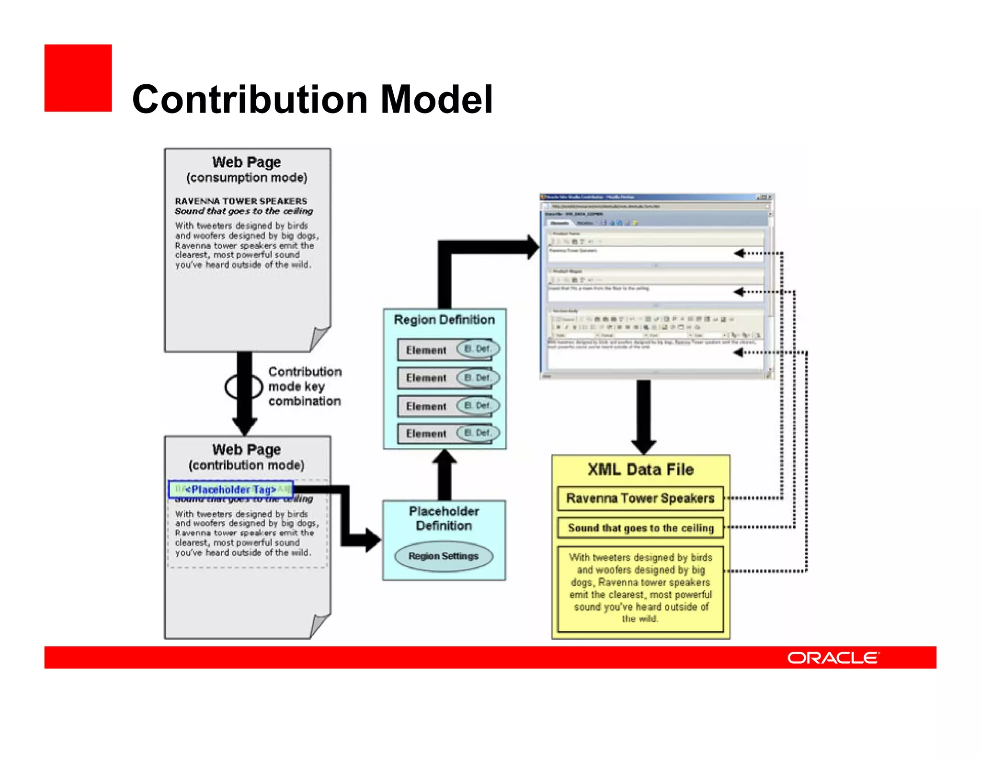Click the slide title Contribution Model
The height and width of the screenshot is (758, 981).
[x=312, y=99]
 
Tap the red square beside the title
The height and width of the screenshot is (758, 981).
[x=78, y=78]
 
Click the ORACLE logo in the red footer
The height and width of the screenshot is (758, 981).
[x=833, y=657]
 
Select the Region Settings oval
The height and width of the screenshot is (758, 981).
[x=444, y=556]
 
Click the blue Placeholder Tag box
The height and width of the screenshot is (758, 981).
[x=230, y=489]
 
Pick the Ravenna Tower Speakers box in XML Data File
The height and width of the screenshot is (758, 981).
[x=640, y=498]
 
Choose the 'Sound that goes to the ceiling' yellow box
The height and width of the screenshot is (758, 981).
[x=640, y=528]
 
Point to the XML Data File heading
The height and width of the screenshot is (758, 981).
[x=640, y=469]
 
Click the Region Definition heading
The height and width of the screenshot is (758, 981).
[x=444, y=320]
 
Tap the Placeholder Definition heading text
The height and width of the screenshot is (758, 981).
[x=444, y=518]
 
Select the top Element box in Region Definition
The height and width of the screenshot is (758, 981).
[x=426, y=350]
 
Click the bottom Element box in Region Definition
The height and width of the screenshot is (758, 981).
[x=426, y=434]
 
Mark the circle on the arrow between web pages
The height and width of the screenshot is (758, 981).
[x=244, y=386]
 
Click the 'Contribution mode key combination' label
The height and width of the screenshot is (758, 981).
[x=305, y=386]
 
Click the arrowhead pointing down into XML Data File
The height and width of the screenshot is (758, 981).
[x=643, y=446]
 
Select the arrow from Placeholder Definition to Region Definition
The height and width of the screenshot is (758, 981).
[x=445, y=474]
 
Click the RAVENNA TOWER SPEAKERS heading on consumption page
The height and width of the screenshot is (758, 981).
[x=240, y=201]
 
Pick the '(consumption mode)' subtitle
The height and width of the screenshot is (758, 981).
[x=247, y=178]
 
